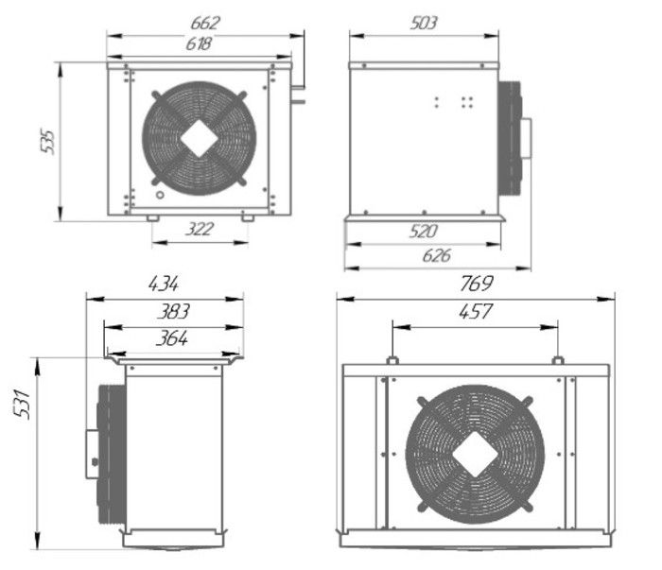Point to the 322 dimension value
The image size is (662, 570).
pyautogui.click(x=200, y=229)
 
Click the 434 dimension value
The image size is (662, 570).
pyautogui.click(x=165, y=283)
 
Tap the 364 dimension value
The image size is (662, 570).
pyautogui.click(x=171, y=337)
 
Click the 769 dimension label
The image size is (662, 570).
pyautogui.click(x=475, y=283)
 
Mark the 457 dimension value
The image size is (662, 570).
pyautogui.click(x=474, y=311)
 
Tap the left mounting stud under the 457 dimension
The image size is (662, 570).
pyautogui.click(x=391, y=360)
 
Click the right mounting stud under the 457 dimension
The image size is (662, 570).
pyautogui.click(x=558, y=360)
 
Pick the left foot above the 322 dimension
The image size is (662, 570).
pyautogui.click(x=152, y=218)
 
